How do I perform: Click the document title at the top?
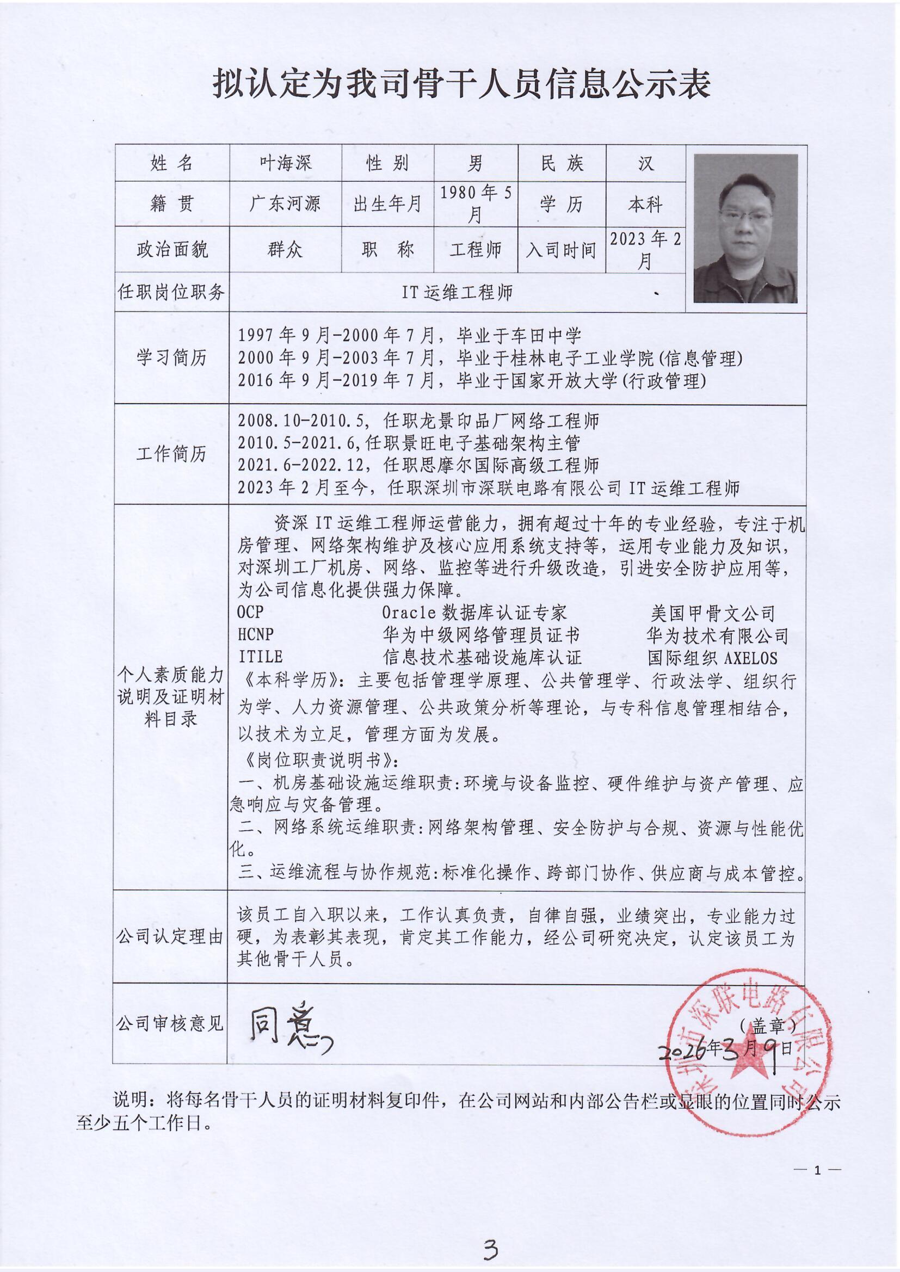point(461,85)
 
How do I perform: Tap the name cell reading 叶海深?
point(286,163)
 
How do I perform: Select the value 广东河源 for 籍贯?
point(286,205)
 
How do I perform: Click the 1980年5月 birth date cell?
point(476,204)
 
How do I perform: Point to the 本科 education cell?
point(646,205)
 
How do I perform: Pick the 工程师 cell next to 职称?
point(476,250)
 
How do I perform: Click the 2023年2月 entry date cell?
point(646,250)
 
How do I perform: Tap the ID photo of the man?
point(745,229)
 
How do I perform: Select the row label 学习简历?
point(171,357)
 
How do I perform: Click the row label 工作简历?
point(171,454)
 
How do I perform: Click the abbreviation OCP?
point(250,612)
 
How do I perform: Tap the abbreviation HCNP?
point(256,634)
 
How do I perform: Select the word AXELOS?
point(751,658)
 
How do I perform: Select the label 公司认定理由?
point(170,937)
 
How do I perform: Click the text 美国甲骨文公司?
point(712,613)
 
